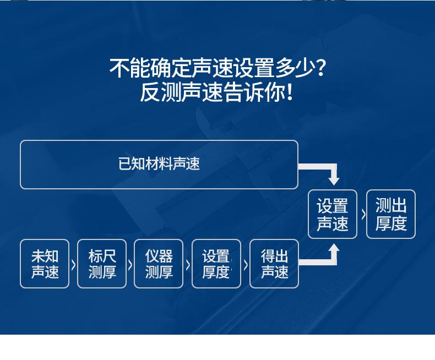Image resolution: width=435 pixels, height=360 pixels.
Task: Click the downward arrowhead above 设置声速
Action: click(334, 181)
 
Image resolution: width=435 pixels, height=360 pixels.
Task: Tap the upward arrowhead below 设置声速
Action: click(334, 248)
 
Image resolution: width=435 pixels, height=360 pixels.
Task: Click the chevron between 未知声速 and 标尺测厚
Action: click(74, 265)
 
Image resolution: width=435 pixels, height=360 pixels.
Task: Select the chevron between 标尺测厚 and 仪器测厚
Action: click(130, 265)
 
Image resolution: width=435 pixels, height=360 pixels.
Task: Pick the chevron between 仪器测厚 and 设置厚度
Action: click(188, 265)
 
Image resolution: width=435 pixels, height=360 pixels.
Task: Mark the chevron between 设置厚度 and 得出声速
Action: click(246, 265)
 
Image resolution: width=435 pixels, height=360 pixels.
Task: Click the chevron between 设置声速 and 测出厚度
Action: click(363, 215)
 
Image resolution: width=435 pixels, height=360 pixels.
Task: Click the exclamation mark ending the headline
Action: click(290, 92)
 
